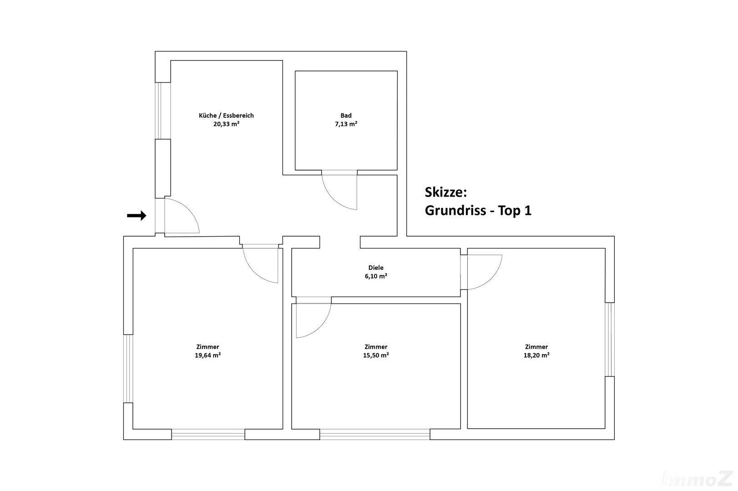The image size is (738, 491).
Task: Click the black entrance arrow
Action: [137, 216]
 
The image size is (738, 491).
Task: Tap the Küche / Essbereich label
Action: [226, 116]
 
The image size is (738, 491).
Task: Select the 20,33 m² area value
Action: [226, 124]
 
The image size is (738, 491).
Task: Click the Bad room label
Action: [346, 116]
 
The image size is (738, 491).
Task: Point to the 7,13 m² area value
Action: [346, 124]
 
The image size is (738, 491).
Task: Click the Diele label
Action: [376, 268]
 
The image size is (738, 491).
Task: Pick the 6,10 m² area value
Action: [376, 277]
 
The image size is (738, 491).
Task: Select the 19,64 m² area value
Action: [207, 355]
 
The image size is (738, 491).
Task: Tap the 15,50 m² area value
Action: [376, 355]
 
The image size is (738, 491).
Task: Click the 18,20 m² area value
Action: [536, 355]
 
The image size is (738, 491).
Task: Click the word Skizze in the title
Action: [444, 192]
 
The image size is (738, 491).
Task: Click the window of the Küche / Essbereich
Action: [163, 111]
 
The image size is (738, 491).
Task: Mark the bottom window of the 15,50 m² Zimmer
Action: [374, 434]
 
